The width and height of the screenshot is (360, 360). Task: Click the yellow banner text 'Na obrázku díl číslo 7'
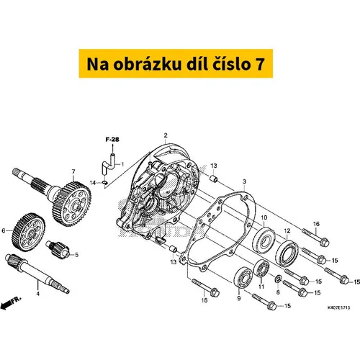pos(176,64)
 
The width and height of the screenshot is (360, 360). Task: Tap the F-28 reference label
pos(112,140)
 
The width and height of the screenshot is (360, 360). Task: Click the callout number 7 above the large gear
pos(73,171)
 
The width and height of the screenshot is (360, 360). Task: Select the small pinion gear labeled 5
pos(58,250)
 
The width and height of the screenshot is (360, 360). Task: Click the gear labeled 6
pos(28,232)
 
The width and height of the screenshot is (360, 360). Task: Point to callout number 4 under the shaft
pos(37,293)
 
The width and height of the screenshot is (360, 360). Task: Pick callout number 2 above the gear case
pos(166,135)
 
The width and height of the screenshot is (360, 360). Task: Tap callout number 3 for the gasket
pos(244,181)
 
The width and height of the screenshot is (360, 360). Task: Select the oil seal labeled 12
pos(287,254)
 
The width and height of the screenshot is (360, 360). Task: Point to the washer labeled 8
pos(278,279)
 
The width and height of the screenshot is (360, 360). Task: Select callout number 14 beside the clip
pos(93,183)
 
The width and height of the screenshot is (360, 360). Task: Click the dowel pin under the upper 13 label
pos(214,179)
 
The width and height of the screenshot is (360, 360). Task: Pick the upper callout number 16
pos(316,224)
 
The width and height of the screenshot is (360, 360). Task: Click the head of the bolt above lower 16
pos(215,292)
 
